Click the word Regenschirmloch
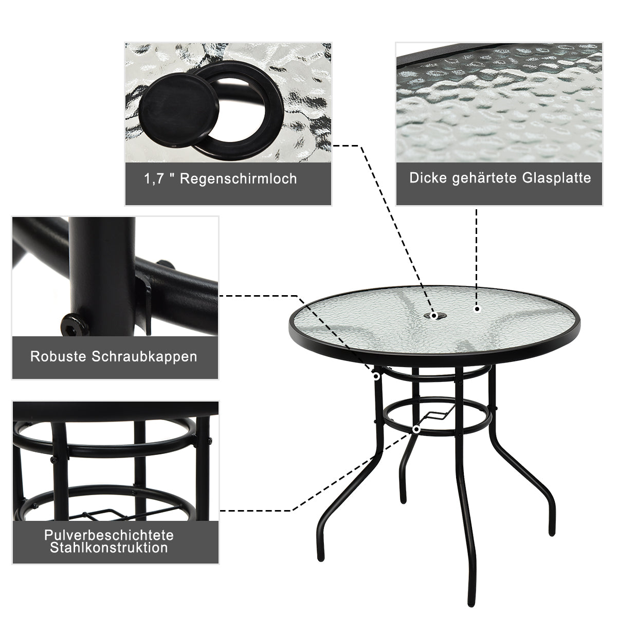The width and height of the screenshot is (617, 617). click(239, 179)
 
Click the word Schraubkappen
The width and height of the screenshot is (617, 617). click(144, 356)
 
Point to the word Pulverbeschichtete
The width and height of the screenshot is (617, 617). click(108, 535)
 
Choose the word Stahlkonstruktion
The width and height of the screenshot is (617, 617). click(108, 548)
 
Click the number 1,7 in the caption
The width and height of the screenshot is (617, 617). click(154, 179)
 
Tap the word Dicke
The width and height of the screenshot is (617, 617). click(429, 178)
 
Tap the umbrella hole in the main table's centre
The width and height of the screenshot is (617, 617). click(434, 315)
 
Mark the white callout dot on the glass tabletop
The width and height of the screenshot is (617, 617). click(477, 310)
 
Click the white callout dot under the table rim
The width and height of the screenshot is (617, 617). click(376, 376)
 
